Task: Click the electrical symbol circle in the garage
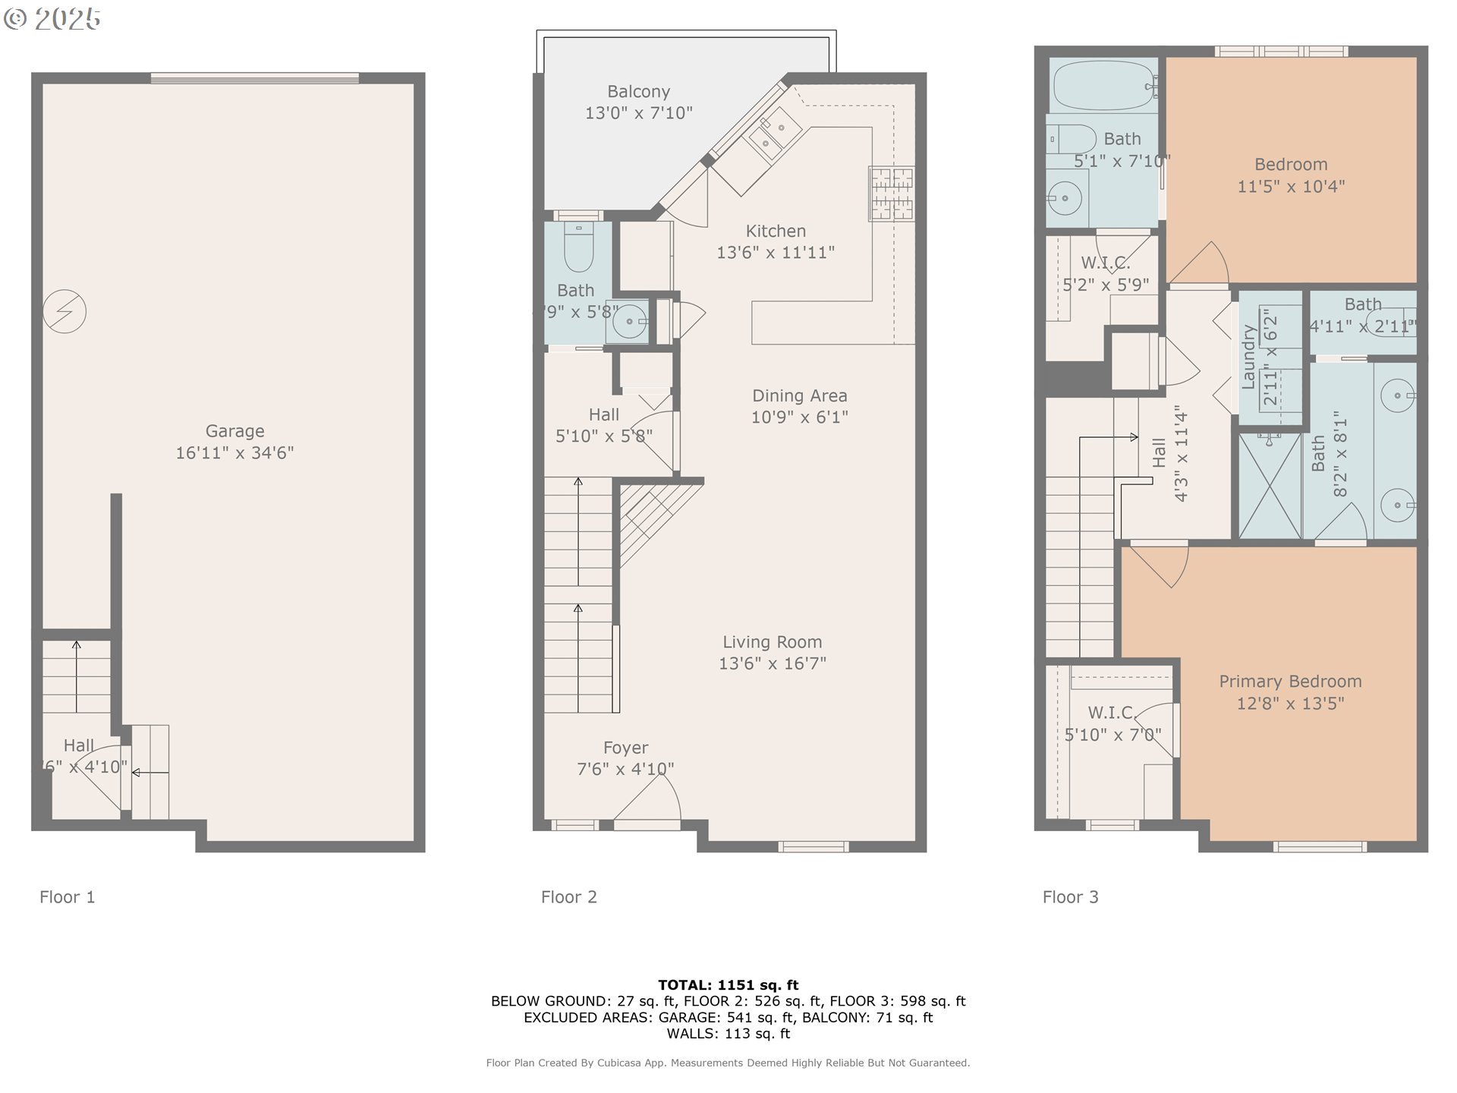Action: click(65, 311)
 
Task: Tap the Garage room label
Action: click(234, 431)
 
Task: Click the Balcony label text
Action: click(638, 92)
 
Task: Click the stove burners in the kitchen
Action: click(891, 194)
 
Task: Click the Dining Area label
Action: click(799, 395)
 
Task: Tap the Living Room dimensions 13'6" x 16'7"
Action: click(772, 663)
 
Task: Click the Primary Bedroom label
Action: click(1289, 682)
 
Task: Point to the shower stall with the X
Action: click(1270, 486)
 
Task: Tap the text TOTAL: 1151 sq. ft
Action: click(728, 985)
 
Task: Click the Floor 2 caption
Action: click(568, 897)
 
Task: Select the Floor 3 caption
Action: click(1070, 897)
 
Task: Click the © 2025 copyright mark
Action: click(52, 19)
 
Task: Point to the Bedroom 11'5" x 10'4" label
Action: click(1290, 175)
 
